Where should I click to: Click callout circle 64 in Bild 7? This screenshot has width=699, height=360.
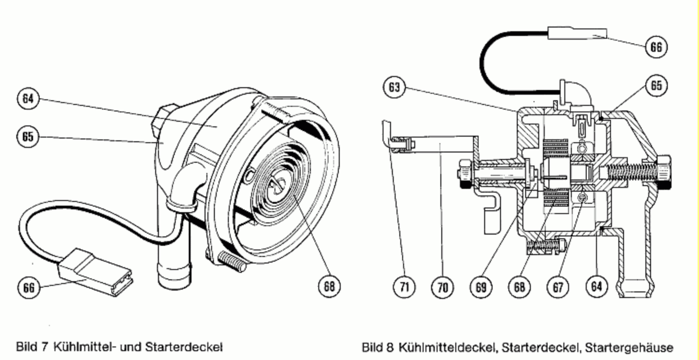pos(28,99)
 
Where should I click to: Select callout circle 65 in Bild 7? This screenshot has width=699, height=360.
pos(28,137)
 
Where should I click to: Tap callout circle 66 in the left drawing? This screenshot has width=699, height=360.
pos(29,287)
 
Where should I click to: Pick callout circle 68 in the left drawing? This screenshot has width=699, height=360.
pos(329,286)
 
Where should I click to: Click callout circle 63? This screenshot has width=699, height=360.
pos(394,87)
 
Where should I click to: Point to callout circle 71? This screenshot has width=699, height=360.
pos(404,287)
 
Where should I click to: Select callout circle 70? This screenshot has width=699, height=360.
pos(443,287)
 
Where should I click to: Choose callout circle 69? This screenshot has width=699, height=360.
pos(481,287)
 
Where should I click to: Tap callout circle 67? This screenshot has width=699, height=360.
pos(558,287)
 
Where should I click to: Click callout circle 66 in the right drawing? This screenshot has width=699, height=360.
pos(656,47)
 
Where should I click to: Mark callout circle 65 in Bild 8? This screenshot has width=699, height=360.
pos(657,85)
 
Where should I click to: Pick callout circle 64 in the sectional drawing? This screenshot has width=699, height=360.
pos(596,287)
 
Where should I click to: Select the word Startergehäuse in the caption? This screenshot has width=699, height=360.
pos(629,347)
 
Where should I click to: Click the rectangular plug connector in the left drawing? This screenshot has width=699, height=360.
pos(95,272)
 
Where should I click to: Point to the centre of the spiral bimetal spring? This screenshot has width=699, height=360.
pos(277,184)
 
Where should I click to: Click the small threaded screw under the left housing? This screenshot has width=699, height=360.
pos(231,261)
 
